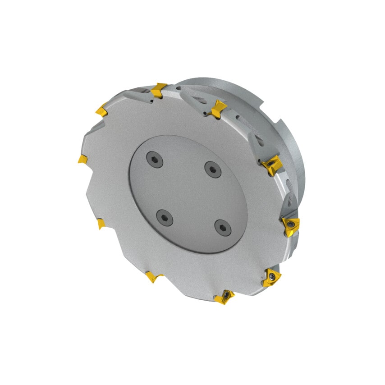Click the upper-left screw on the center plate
pyautogui.click(x=154, y=159)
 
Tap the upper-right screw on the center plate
pyautogui.click(x=211, y=169)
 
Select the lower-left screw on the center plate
pyautogui.click(x=164, y=218)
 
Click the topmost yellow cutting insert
pyautogui.click(x=159, y=90)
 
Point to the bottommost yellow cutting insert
pyautogui.click(x=225, y=297)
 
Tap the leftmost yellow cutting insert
pyautogui.click(x=82, y=159)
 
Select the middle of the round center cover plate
pyautogui.click(x=188, y=193)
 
